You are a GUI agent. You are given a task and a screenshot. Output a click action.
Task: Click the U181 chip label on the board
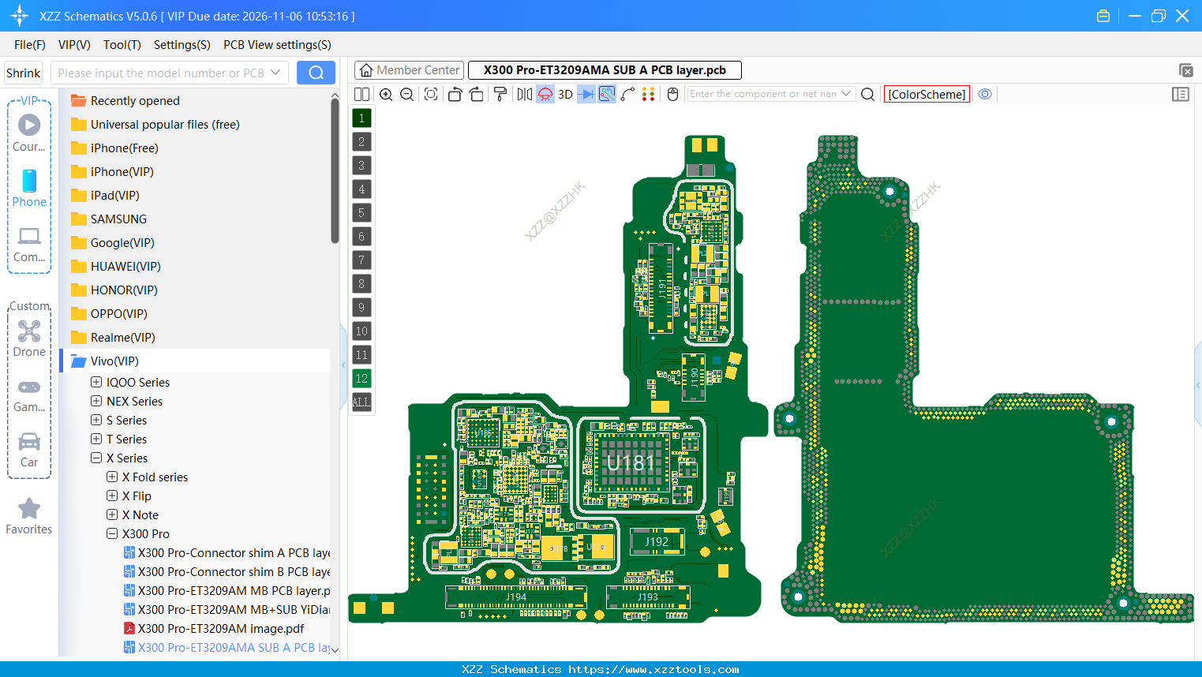point(631,462)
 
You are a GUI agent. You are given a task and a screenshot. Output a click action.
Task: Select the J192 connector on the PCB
point(657,542)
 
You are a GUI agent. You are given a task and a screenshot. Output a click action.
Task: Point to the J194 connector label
point(516,597)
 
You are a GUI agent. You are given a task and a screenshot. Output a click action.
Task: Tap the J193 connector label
point(647,597)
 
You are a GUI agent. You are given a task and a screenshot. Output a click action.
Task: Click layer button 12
point(361,379)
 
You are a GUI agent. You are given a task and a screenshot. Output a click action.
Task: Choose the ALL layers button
point(361,402)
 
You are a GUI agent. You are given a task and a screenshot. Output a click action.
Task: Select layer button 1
point(361,118)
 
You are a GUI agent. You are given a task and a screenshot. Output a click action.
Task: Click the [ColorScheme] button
point(927,94)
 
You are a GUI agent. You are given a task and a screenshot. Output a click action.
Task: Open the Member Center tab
point(410,70)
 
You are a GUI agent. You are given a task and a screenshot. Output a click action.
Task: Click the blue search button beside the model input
point(316,73)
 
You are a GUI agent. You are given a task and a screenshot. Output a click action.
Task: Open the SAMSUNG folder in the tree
point(118,219)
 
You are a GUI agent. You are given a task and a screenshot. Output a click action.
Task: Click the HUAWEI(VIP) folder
point(125,267)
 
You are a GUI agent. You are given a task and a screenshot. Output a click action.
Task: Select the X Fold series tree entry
point(155,477)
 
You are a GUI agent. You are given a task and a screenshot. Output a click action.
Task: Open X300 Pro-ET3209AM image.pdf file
point(221,629)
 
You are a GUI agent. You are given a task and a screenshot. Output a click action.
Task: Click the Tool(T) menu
point(122,45)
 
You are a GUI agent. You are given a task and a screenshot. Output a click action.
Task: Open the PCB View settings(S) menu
point(277,45)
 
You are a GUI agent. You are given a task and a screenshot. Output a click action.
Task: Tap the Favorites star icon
point(29,509)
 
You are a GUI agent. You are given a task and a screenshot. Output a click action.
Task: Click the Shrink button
point(24,73)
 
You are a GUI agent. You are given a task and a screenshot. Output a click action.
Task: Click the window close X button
point(1182,16)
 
